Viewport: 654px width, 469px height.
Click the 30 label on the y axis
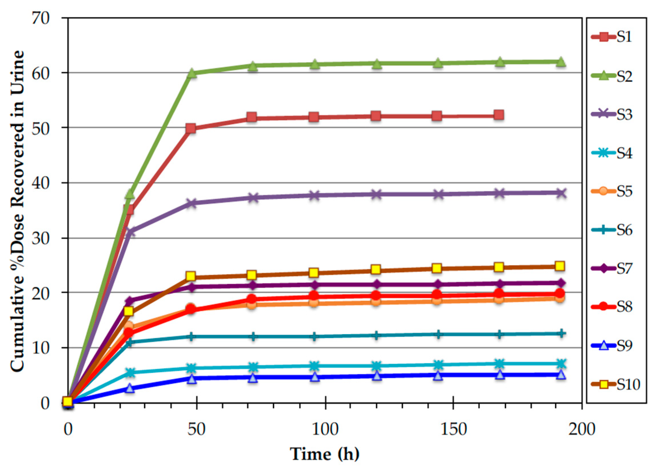(x=41, y=238)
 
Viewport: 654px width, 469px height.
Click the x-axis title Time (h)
(x=325, y=454)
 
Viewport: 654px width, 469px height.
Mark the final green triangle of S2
(x=560, y=62)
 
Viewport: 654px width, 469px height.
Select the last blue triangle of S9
(x=560, y=375)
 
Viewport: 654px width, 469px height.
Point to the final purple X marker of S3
(x=560, y=193)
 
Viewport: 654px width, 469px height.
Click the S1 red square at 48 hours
(x=191, y=128)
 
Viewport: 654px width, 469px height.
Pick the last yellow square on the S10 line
(x=560, y=266)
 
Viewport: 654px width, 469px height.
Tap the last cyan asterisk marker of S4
(x=560, y=364)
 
